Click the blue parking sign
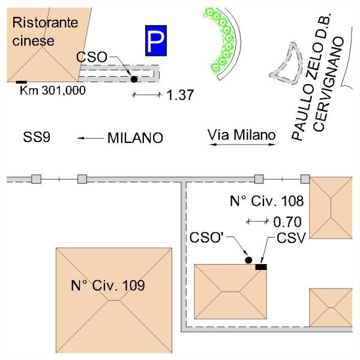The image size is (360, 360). [155, 40]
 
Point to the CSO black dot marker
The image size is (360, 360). [134, 79]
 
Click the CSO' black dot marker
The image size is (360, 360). [248, 260]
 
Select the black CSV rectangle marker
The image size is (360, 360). [261, 266]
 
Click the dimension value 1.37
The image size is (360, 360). [179, 95]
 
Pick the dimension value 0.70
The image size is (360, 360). [287, 222]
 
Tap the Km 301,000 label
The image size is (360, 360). [53, 91]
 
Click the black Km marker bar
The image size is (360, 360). [22, 82]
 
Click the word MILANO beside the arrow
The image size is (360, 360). [135, 139]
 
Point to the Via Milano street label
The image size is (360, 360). [241, 134]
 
